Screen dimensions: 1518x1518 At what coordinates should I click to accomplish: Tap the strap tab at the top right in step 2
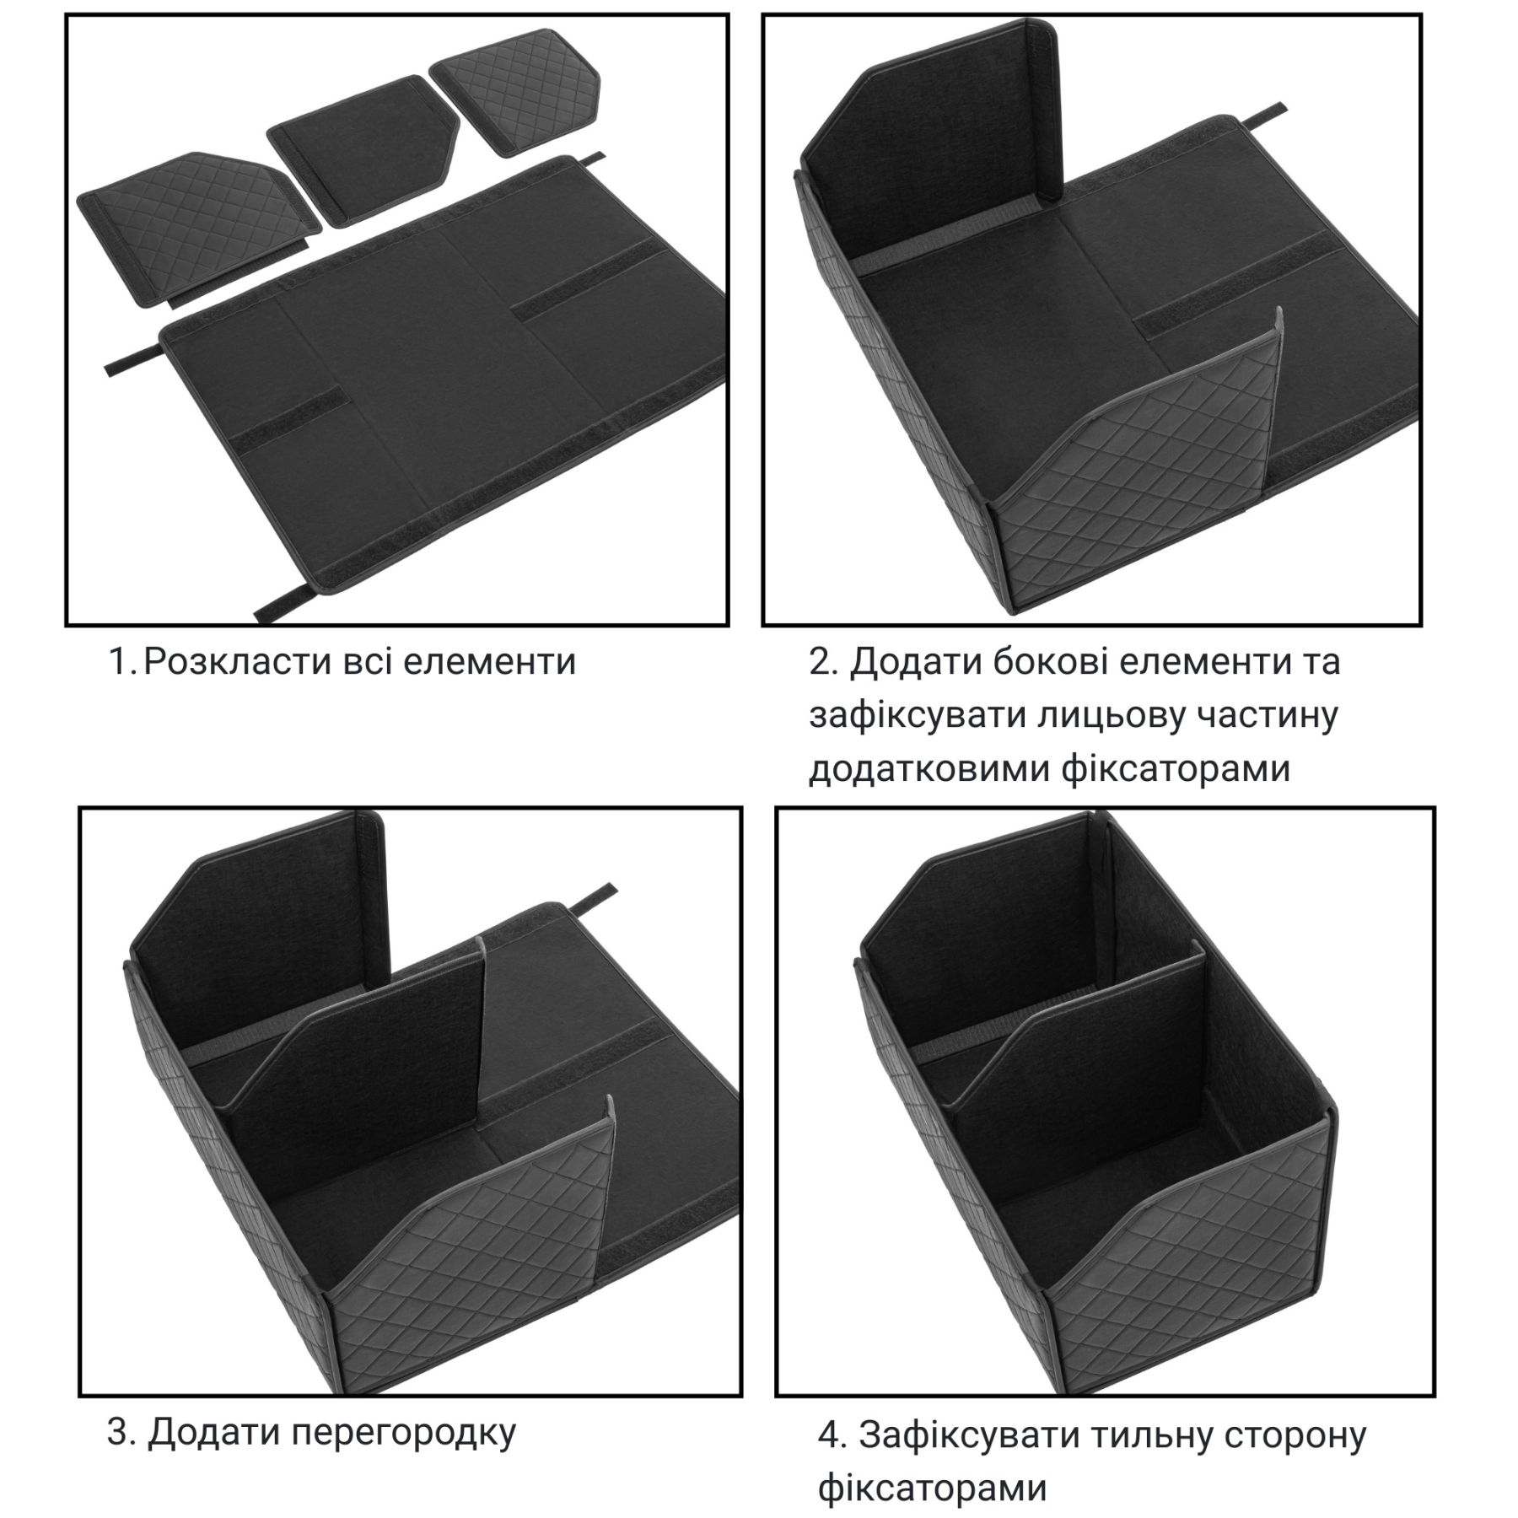pos(1265,115)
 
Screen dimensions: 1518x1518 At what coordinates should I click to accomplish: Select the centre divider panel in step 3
pos(358,1071)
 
